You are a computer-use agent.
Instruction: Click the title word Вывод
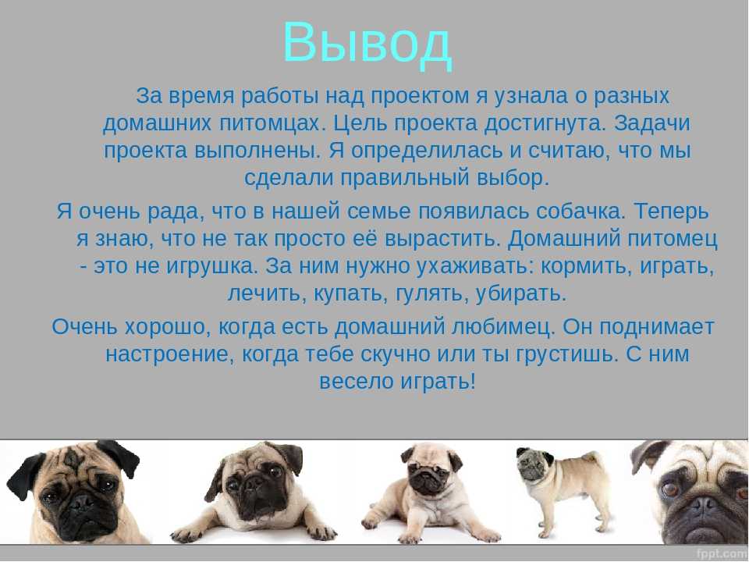[x=367, y=44]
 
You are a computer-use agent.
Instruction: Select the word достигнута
[x=545, y=123]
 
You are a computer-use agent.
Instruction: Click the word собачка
[x=580, y=211]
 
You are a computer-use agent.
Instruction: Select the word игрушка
[x=211, y=265]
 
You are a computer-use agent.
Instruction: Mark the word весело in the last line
[x=356, y=382]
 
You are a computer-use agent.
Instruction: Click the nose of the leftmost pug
[x=81, y=502]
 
